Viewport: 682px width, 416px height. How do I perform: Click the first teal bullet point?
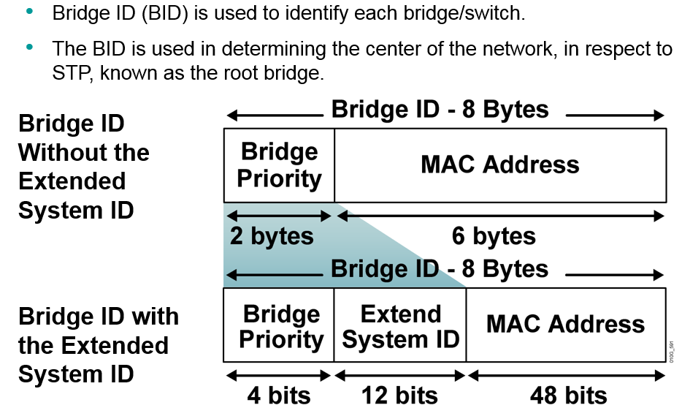(x=29, y=12)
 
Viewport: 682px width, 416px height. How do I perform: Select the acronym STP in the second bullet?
(x=74, y=74)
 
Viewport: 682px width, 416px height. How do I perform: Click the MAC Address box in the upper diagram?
(x=500, y=164)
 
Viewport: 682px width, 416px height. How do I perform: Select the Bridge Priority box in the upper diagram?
(x=279, y=164)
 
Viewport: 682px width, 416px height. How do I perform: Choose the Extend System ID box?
(x=400, y=326)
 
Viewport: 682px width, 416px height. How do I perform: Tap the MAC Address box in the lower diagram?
(x=566, y=325)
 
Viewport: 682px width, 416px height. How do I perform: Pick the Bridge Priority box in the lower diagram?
(x=280, y=326)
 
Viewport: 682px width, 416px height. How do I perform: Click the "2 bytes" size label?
(x=272, y=237)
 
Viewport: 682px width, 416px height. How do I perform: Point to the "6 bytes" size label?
(x=494, y=237)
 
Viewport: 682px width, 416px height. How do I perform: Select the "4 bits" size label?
(x=278, y=396)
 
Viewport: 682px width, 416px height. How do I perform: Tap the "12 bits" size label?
(x=399, y=396)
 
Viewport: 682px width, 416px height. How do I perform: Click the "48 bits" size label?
(x=568, y=396)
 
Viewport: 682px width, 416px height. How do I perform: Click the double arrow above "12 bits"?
(x=400, y=376)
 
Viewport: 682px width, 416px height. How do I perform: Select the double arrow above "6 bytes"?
(x=500, y=216)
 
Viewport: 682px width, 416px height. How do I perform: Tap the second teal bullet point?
(x=29, y=48)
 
